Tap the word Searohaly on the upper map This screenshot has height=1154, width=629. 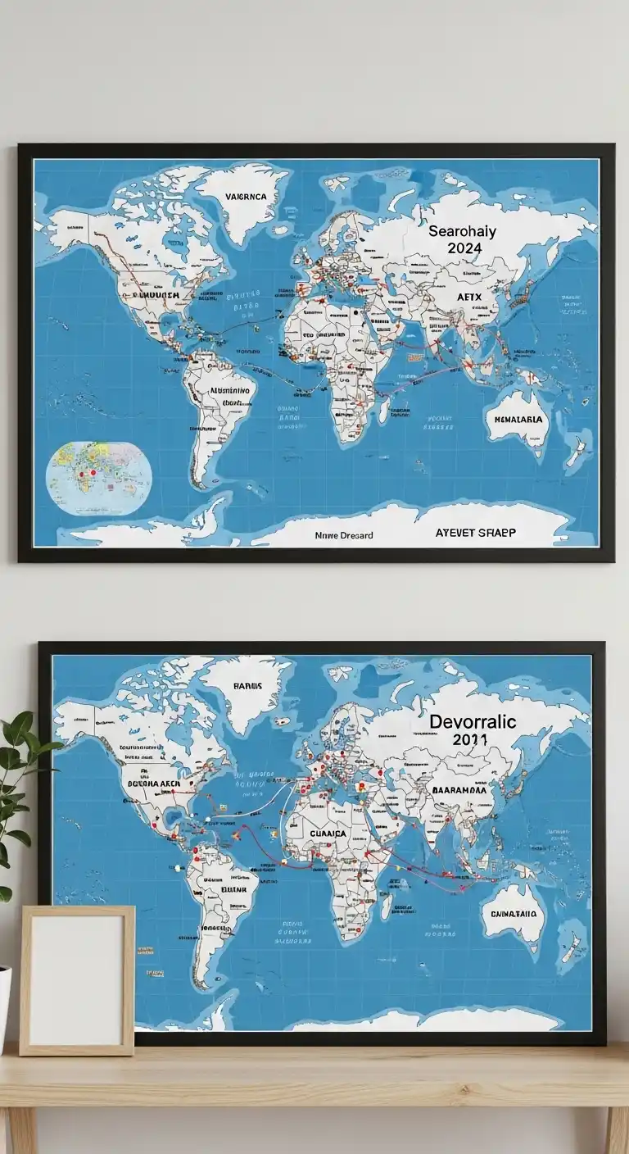point(462,232)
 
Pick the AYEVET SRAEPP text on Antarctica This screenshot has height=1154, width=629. point(475,533)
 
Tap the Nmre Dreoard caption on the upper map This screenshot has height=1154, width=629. point(344,535)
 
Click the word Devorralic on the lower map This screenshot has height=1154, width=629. point(473,721)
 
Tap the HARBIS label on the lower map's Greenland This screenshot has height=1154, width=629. point(246,686)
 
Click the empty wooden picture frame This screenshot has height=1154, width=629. point(77,979)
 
